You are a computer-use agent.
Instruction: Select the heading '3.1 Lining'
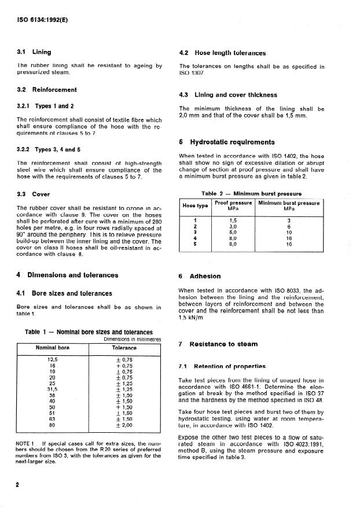[x=34, y=52]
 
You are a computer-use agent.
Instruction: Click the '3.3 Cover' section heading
[x=33, y=194]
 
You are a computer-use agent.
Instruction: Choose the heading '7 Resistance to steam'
[x=218, y=344]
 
